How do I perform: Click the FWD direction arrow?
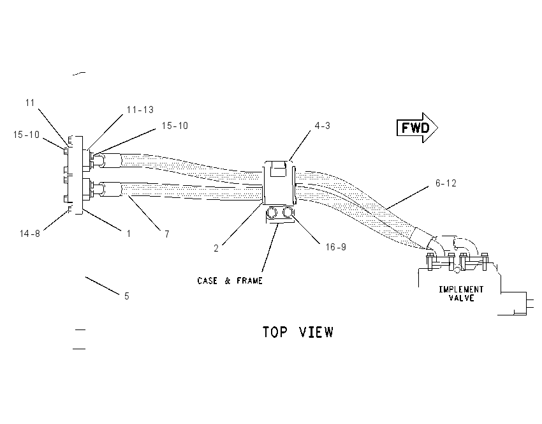point(417,128)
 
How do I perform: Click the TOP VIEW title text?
point(298,332)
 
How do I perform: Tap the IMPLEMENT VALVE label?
point(461,294)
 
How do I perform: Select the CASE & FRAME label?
point(230,280)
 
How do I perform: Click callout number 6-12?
point(446,183)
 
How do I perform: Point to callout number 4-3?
point(322,126)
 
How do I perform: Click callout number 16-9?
point(335,246)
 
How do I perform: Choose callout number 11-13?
point(140,110)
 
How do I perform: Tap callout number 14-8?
point(30,234)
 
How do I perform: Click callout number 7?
point(167,234)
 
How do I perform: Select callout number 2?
point(216,248)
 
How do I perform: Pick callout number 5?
point(127,296)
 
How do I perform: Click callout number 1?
point(129,234)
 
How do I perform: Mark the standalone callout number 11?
point(30,103)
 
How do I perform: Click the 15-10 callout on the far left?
point(27,135)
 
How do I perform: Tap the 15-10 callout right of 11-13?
point(175,126)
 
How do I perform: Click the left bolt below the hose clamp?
point(272,213)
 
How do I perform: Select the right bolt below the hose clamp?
point(288,212)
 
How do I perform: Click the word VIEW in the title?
point(316,332)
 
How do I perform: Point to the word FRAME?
point(249,280)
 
